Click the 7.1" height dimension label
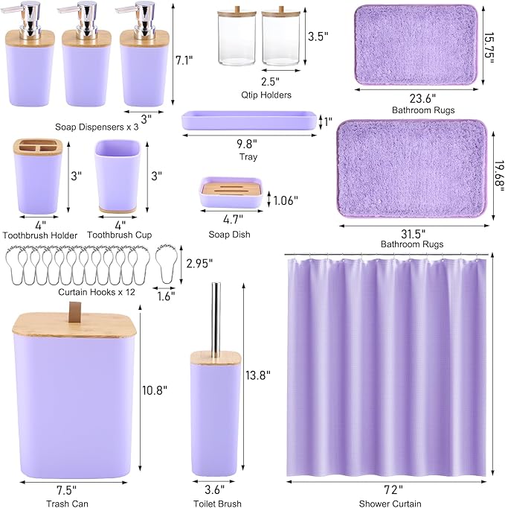pyautogui.click(x=190, y=60)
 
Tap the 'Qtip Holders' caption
pyautogui.click(x=265, y=95)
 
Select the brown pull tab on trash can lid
pyautogui.click(x=73, y=316)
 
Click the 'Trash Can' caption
pyautogui.click(x=70, y=504)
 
